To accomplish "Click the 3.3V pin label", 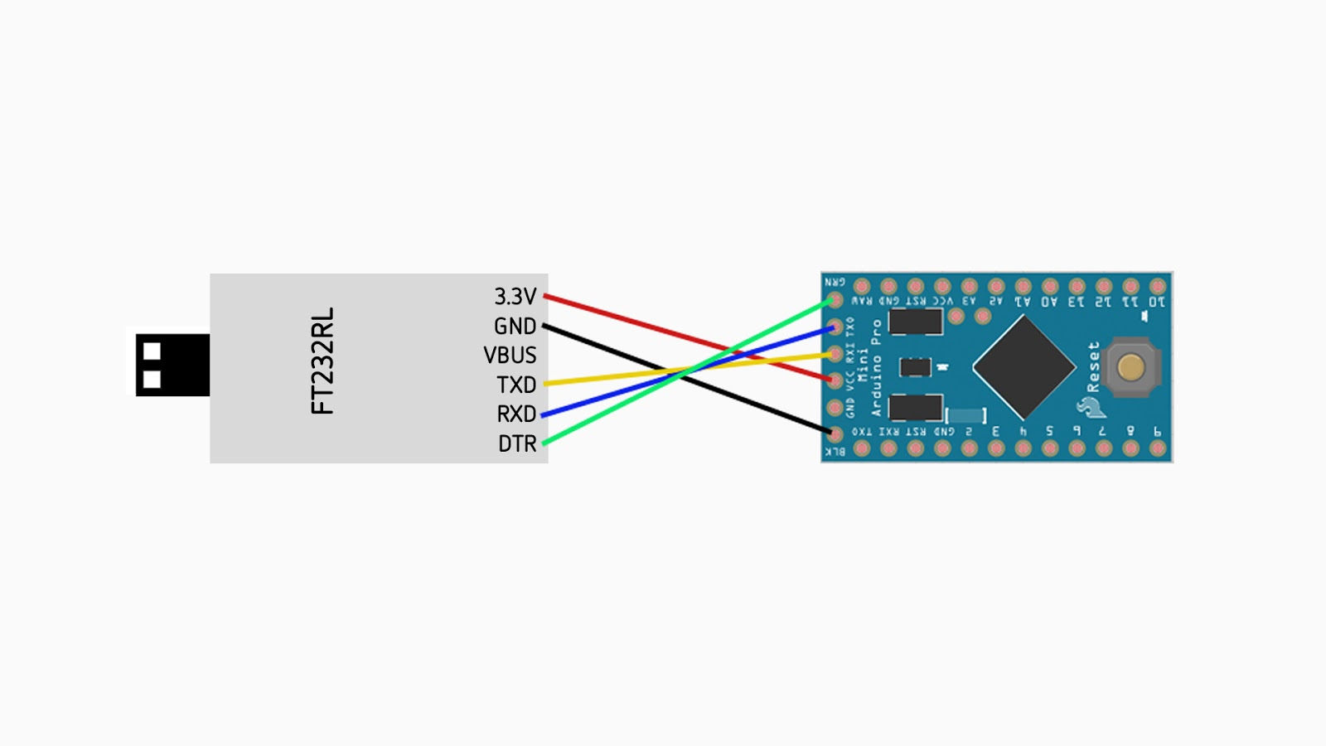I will [515, 296].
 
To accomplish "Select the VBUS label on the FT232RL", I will [510, 355].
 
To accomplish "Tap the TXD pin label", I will [516, 385].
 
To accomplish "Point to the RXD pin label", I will [516, 414].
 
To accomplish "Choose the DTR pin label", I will [517, 443].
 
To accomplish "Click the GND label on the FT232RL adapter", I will [515, 326].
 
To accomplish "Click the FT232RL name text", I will [322, 361].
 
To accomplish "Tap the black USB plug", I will [172, 365].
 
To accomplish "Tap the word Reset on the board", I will [1093, 366].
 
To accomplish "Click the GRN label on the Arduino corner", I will [835, 282].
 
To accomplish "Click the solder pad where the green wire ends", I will [835, 300].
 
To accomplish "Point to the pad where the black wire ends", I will [835, 434].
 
